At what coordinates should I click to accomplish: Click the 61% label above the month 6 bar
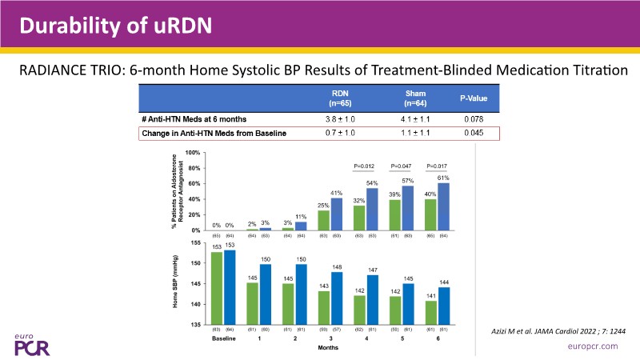(443, 178)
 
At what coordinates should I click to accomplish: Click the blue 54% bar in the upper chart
(371, 210)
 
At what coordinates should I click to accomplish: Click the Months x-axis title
(329, 348)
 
